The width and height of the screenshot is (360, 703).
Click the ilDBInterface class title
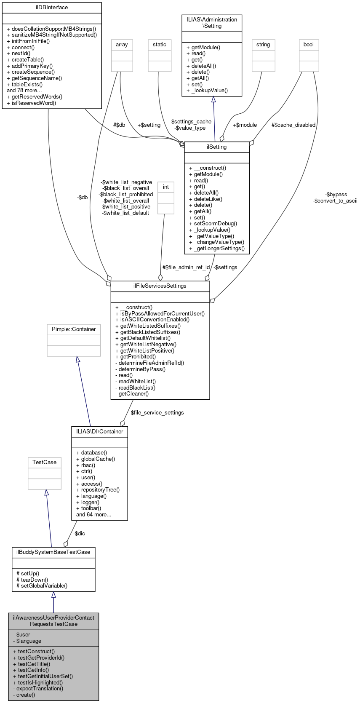coord(52,8)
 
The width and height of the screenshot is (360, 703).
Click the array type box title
coord(122,45)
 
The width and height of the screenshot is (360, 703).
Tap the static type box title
coord(160,45)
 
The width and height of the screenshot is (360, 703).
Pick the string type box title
coord(263,45)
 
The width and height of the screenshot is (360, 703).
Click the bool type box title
coord(309,45)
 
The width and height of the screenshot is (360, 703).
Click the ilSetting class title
coord(217,147)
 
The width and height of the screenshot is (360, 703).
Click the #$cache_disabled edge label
coord(293,125)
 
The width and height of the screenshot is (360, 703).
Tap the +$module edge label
coord(245,125)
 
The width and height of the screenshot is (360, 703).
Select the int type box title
coord(166,187)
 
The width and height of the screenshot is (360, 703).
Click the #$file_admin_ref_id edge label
coord(186,267)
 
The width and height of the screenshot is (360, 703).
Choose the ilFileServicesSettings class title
coord(160,286)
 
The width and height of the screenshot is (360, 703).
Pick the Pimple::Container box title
coord(74,329)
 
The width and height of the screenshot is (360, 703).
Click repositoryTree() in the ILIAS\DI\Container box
coord(100,490)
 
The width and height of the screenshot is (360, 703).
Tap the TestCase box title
coord(45,462)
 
